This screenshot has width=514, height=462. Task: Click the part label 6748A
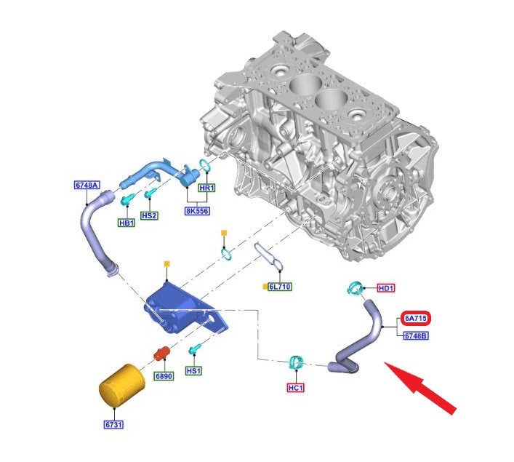click(x=86, y=185)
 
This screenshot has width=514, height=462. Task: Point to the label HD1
click(x=386, y=288)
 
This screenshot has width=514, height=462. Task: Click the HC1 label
click(x=295, y=388)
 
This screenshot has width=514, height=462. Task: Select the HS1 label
click(x=194, y=371)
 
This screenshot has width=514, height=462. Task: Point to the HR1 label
click(x=207, y=188)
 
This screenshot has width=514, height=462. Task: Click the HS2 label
click(x=150, y=215)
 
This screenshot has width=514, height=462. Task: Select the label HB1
click(x=127, y=223)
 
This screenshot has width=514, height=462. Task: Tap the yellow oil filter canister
click(x=119, y=388)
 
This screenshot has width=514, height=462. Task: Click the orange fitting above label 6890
click(x=161, y=354)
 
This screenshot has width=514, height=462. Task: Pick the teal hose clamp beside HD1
click(x=356, y=288)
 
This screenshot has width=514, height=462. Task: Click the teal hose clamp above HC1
click(x=296, y=362)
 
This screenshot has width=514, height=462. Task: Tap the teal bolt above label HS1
click(x=195, y=351)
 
